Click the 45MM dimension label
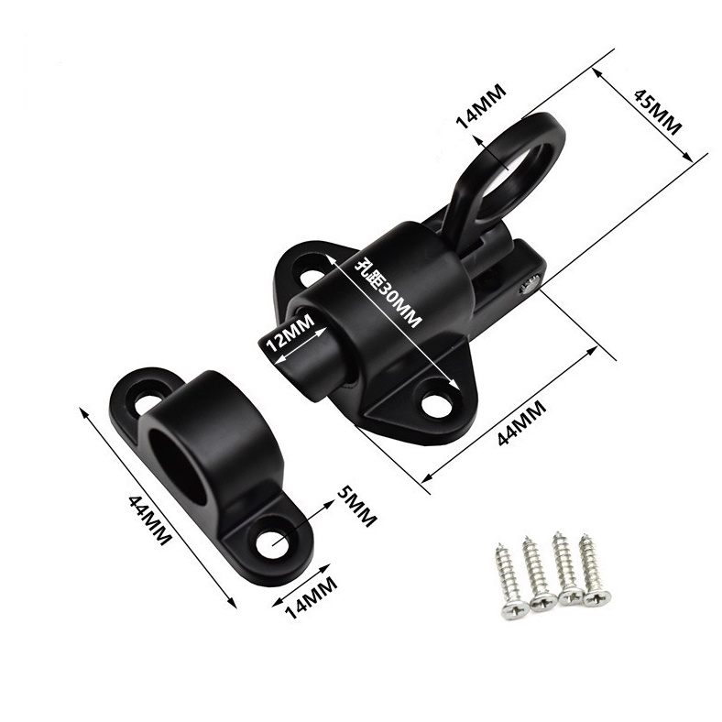point(657,112)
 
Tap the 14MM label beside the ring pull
point(481,106)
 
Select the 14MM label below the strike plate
point(312,596)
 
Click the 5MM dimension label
point(356,506)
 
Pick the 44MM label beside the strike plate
point(148,520)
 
